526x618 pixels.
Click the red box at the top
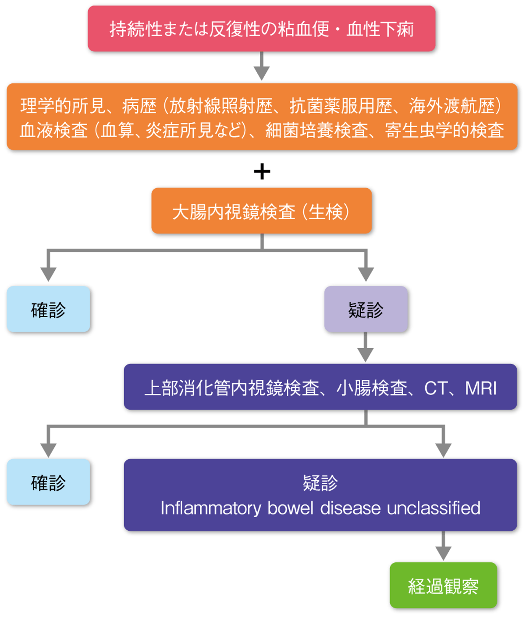pyautogui.click(x=261, y=29)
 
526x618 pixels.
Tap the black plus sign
pyautogui.click(x=262, y=171)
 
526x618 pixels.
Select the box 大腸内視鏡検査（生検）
pyautogui.click(x=261, y=211)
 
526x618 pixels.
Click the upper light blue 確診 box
pyautogui.click(x=48, y=309)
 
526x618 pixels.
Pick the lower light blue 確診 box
pyautogui.click(x=48, y=482)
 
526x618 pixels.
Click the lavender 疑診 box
pyautogui.click(x=366, y=309)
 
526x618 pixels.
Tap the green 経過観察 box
pyautogui.click(x=443, y=586)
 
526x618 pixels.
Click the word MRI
pyautogui.click(x=481, y=388)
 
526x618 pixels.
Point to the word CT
pyautogui.click(x=436, y=388)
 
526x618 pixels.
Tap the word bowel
pyautogui.click(x=290, y=508)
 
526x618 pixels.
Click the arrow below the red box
pyautogui.click(x=261, y=67)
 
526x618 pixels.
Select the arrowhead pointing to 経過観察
pyautogui.click(x=443, y=553)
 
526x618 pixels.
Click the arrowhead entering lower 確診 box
pyautogui.click(x=48, y=450)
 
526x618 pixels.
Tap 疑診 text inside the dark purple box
pyautogui.click(x=320, y=483)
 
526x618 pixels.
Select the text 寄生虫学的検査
pyautogui.click(x=444, y=130)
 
